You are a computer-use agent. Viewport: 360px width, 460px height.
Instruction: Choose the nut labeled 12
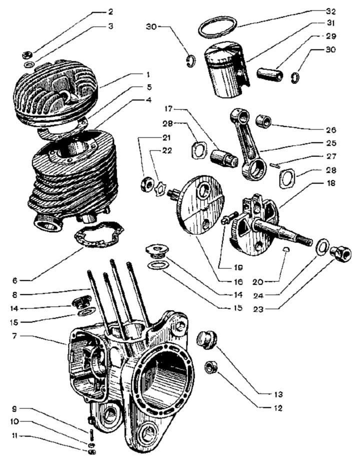[210, 369]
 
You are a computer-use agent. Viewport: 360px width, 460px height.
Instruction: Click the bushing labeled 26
[264, 121]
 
